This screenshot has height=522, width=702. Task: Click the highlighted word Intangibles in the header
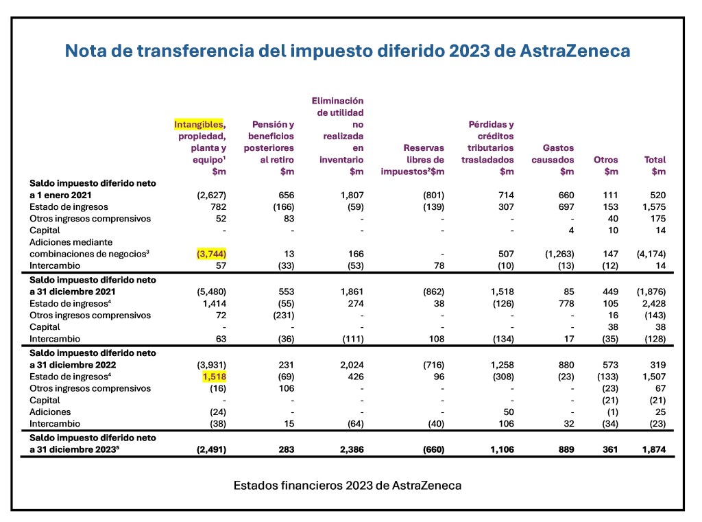[198, 124]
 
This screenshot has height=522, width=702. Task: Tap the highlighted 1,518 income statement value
[214, 377]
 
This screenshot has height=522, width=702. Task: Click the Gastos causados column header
[558, 154]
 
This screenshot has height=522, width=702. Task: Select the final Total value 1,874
[654, 450]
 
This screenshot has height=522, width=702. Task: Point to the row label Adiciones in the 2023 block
[50, 412]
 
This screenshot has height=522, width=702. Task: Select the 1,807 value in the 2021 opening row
[351, 195]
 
